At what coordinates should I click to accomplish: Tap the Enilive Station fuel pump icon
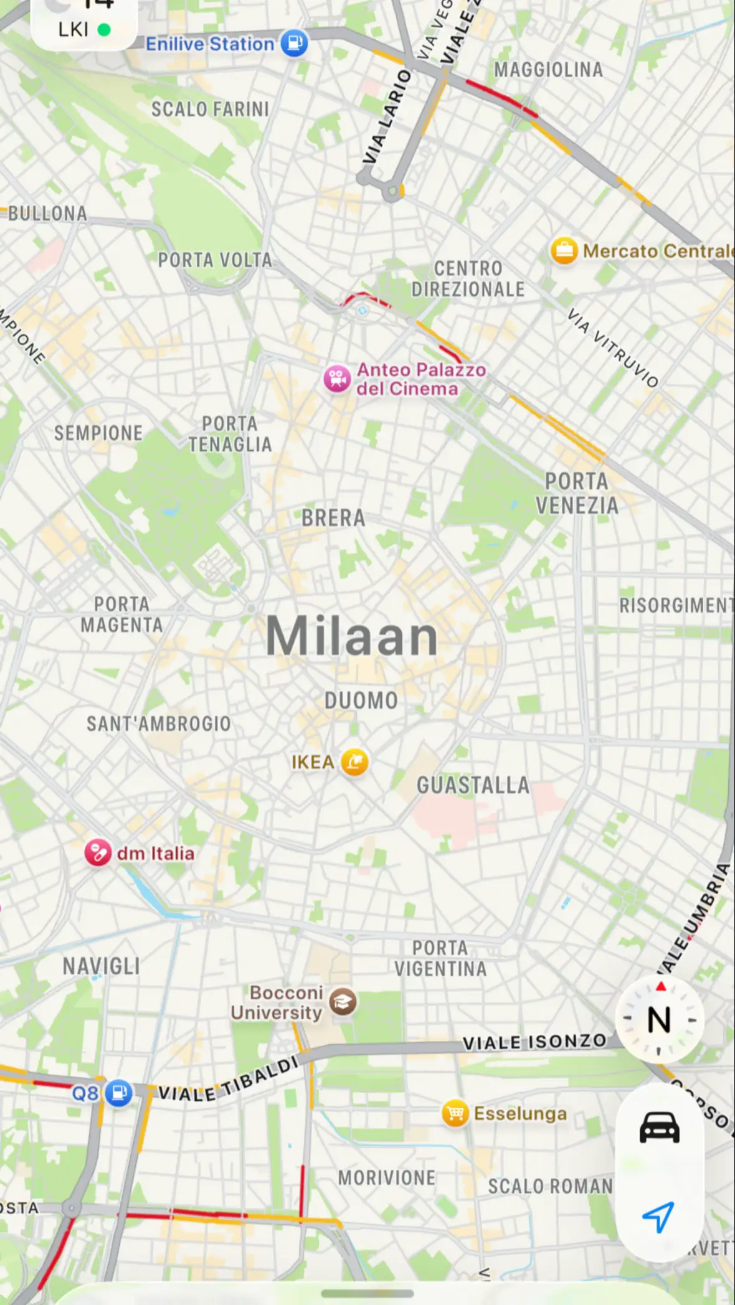[x=294, y=44]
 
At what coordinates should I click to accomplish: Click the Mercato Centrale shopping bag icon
[x=564, y=251]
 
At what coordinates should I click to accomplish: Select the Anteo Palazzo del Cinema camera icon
[x=337, y=379]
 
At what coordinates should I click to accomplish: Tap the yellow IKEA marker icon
[x=354, y=761]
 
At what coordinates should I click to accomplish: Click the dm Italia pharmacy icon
[x=98, y=853]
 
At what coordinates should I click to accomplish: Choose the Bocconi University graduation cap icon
[x=343, y=1002]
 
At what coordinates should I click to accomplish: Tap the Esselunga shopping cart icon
[x=455, y=1113]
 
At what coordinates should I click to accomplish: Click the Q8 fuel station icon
[x=118, y=1093]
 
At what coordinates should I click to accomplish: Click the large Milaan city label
[x=352, y=636]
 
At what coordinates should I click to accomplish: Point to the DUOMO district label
[x=361, y=700]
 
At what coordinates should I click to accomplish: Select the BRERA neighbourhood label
[x=333, y=517]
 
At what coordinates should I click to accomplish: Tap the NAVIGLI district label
[x=101, y=966]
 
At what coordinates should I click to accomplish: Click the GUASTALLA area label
[x=473, y=785]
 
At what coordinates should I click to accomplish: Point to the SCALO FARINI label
[x=211, y=110]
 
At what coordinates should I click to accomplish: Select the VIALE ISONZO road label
[x=534, y=1042]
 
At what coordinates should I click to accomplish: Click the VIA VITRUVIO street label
[x=613, y=347]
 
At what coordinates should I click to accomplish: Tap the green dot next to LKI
[x=105, y=29]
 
